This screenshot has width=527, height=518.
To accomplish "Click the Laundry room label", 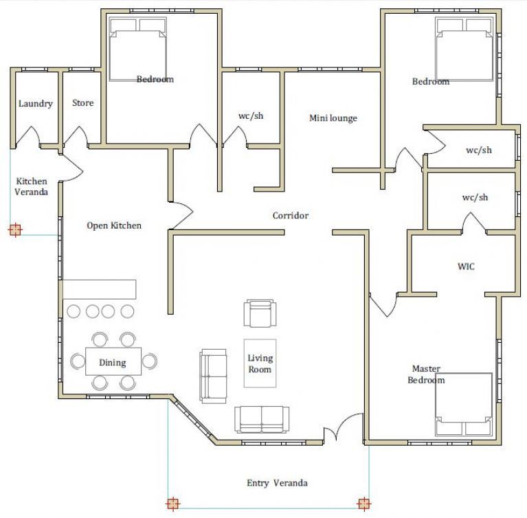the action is point(35,104).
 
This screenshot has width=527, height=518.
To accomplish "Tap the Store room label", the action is point(82,102).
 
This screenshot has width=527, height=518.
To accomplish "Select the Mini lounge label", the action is point(333,118).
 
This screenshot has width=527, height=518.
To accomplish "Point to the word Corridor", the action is point(291,215).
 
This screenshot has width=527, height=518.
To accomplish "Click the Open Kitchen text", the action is point(114,225).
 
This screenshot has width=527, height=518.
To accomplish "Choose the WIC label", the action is point(466,267).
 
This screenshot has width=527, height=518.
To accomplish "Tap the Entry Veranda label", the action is point(277,483).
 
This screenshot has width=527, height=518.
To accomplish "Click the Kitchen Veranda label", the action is point(31,187).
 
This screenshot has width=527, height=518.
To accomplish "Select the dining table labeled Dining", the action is point(113,361).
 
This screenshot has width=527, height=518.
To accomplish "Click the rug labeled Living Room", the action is point(260,363).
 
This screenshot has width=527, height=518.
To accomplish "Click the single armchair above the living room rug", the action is point(260,313).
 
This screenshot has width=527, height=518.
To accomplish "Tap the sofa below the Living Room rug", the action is point(262,419).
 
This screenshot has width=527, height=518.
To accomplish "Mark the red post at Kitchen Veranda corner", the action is point(15,230).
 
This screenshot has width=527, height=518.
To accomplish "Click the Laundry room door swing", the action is point(27,135).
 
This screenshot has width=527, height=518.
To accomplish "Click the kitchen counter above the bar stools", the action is point(100,289).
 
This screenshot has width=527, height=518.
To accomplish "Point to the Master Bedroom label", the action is point(426,374).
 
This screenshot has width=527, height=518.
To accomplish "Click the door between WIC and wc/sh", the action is point(474,223).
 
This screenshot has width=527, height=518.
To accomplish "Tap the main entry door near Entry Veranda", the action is point(344,427).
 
